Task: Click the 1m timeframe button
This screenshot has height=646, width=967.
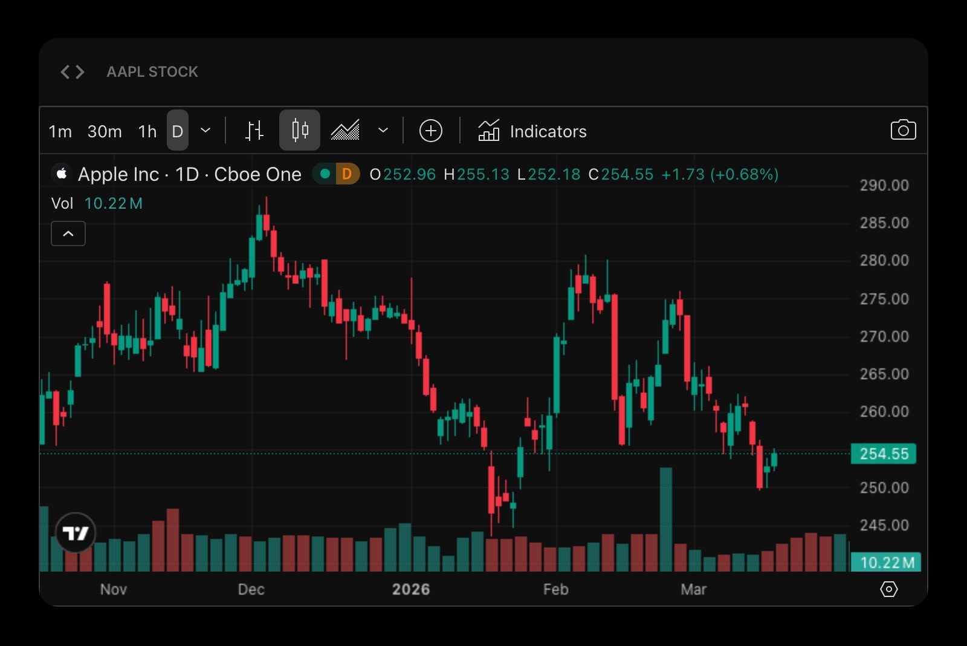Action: click(x=60, y=131)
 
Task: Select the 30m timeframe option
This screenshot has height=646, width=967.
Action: click(x=105, y=131)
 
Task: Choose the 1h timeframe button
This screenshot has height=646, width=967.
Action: click(x=147, y=131)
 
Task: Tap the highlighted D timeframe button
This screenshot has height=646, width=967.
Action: click(x=178, y=131)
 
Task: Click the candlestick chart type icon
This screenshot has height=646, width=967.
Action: click(x=300, y=130)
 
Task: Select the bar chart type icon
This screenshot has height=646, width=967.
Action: click(x=254, y=131)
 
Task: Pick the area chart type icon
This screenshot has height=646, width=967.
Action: click(x=345, y=130)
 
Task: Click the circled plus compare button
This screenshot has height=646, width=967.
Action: click(x=431, y=131)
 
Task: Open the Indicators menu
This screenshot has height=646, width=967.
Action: click(x=532, y=131)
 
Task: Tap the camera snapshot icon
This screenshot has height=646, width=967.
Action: click(x=903, y=130)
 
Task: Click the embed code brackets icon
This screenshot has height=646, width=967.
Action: click(x=73, y=72)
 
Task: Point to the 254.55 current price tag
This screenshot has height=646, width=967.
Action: click(x=883, y=454)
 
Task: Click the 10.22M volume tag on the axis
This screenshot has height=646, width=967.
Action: click(x=885, y=563)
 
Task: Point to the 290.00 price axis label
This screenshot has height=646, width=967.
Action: click(x=884, y=185)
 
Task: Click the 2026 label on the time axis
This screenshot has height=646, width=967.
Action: click(x=411, y=589)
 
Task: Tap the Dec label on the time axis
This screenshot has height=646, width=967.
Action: click(x=251, y=589)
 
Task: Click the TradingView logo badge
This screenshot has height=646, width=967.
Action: click(x=76, y=533)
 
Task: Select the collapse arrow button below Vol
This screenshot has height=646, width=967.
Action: click(x=68, y=233)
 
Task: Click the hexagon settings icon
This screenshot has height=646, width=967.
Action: click(x=889, y=589)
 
